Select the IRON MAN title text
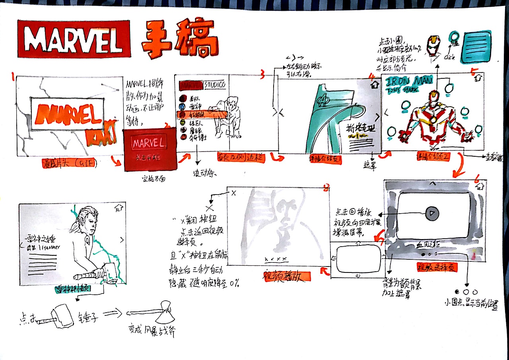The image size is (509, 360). [x=410, y=81]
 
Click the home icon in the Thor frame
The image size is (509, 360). [x=119, y=207]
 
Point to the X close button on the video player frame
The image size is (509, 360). [x=233, y=193]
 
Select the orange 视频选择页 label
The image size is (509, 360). [x=437, y=267]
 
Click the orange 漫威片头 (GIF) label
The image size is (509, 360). [x=68, y=163]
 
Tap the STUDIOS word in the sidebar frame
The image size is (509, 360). [x=215, y=85]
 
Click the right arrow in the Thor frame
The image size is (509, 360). [x=122, y=239]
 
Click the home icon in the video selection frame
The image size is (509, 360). [x=479, y=185]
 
